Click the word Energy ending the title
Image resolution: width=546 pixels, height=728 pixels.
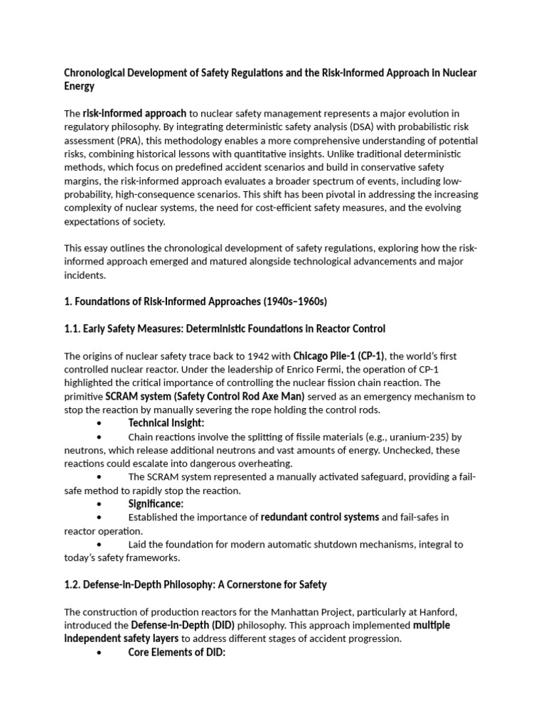(79, 86)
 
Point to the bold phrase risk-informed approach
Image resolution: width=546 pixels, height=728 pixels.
(134, 113)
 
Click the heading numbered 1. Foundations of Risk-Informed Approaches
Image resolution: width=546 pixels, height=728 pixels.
(196, 301)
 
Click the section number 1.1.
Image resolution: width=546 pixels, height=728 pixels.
(73, 328)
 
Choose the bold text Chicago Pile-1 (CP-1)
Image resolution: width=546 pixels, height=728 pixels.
(338, 355)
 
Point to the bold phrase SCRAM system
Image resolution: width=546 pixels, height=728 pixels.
(139, 396)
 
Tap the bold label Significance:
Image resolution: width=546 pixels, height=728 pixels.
(156, 503)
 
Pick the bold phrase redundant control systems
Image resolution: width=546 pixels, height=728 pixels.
(320, 517)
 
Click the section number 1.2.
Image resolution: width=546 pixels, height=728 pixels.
(73, 584)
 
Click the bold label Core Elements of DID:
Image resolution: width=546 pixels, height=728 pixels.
(177, 652)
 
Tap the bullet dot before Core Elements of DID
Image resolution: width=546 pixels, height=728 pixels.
(98, 653)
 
